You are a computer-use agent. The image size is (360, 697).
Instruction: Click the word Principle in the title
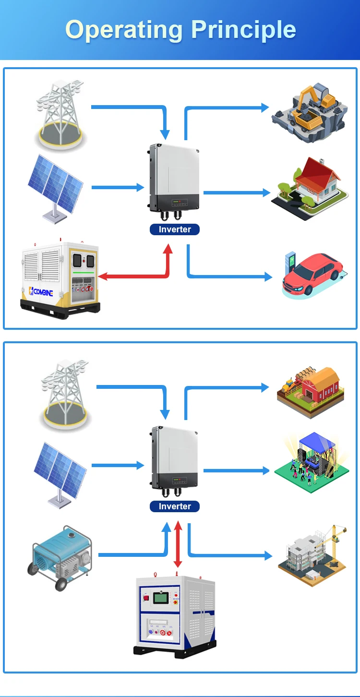243,30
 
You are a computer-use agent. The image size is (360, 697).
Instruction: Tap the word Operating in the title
124,30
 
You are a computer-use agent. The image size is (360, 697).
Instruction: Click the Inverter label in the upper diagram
175,229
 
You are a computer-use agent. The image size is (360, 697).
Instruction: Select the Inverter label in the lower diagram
175,506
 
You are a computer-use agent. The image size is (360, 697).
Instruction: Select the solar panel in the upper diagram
55,185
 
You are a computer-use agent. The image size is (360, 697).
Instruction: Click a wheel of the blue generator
61,584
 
